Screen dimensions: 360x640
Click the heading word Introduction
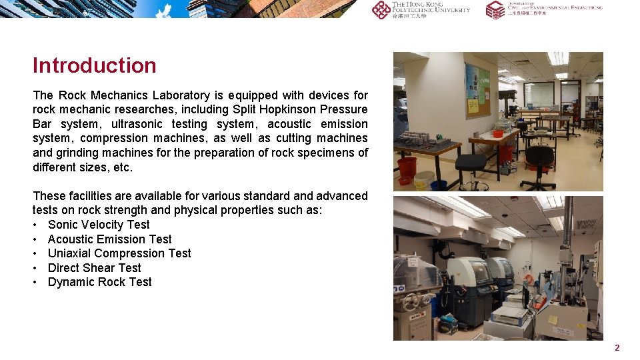coord(94,65)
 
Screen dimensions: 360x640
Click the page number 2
coord(617,347)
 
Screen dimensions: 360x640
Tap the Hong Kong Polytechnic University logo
coord(421,9)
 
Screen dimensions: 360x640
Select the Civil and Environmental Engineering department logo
coord(543,9)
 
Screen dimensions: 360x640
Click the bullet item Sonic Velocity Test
coord(99,225)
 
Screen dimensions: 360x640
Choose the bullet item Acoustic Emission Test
coord(109,239)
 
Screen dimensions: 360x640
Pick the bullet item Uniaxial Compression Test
coord(119,253)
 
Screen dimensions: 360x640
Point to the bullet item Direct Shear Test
coord(94,268)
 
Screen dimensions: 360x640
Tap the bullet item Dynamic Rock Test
coord(99,282)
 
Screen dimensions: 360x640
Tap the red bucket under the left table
coord(407,167)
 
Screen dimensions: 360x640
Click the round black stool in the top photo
coord(471,163)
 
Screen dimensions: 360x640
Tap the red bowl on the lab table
coord(498,133)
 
